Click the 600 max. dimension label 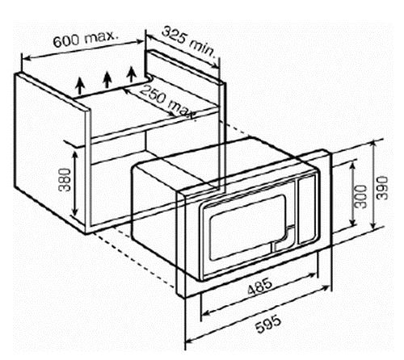86,39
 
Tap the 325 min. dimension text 188,42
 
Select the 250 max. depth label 167,103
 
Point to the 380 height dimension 65,179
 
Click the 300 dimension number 361,197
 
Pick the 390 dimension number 382,188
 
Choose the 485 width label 260,287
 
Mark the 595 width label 268,324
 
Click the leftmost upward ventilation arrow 80,86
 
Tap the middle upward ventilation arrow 107,80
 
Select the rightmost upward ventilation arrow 132,73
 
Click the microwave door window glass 247,228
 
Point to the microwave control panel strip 307,210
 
